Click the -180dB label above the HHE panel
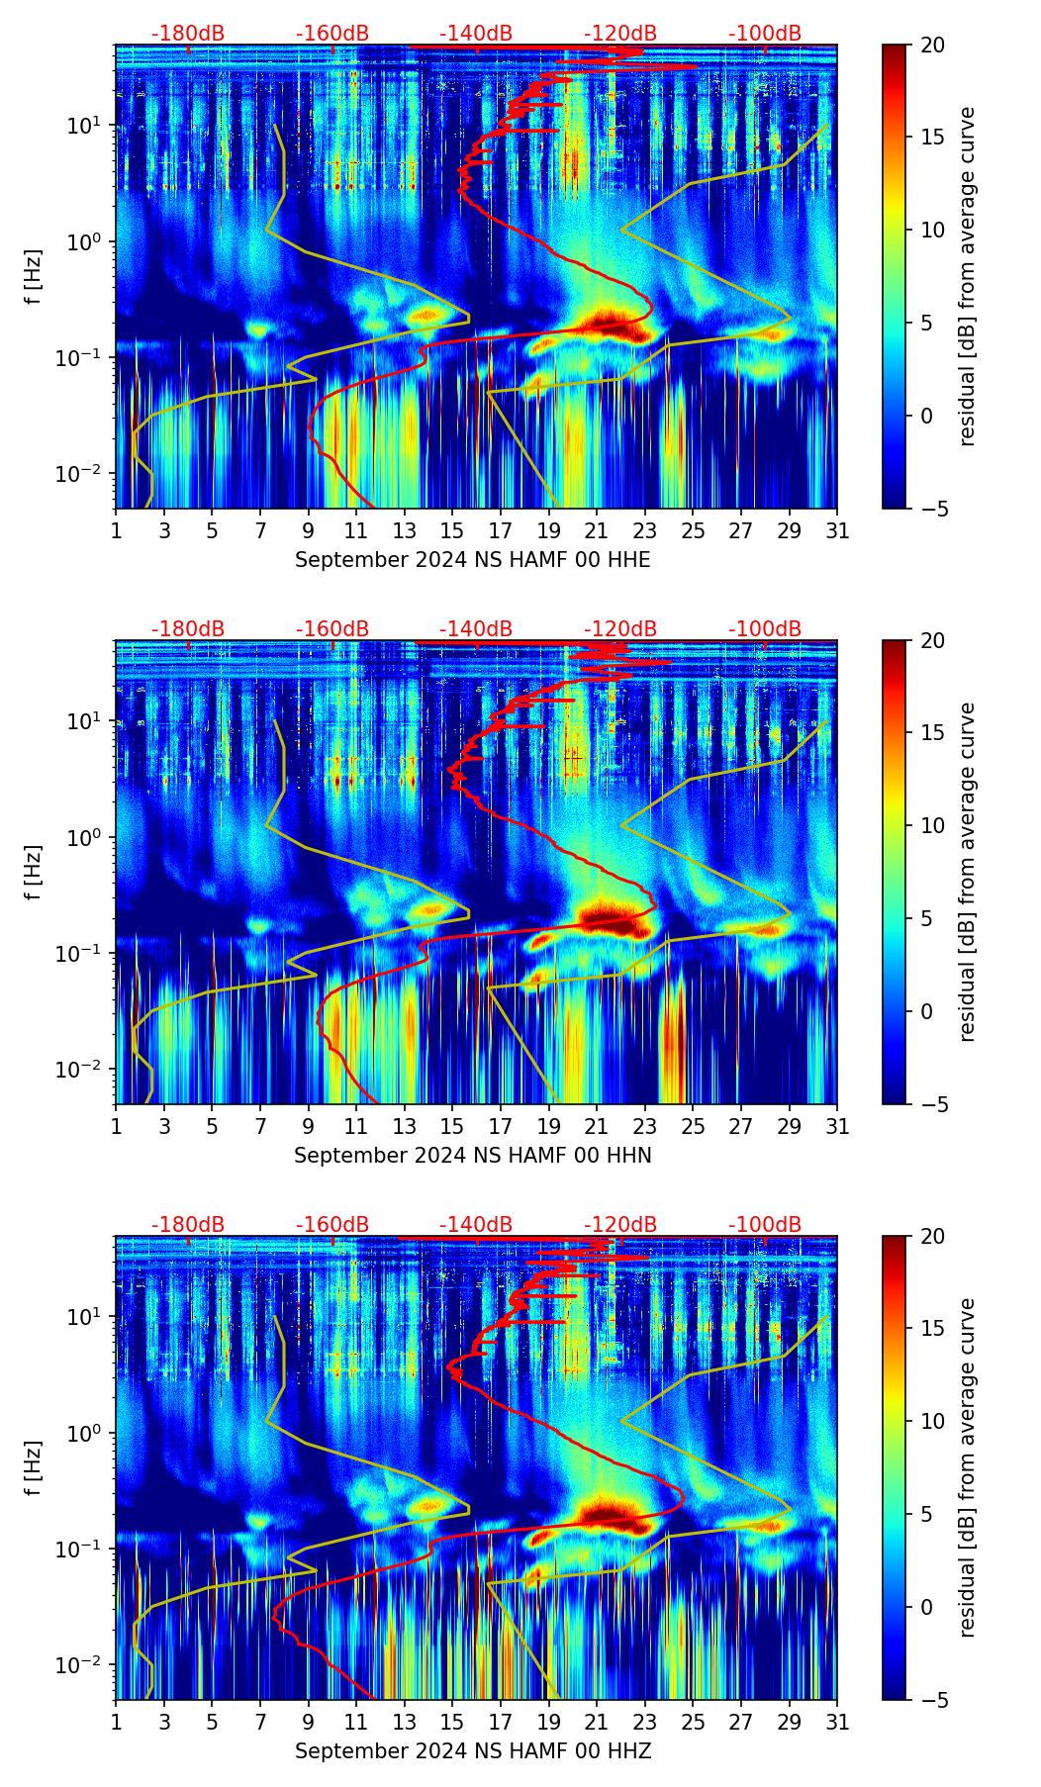pos(188,34)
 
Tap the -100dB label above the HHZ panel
pos(765,1225)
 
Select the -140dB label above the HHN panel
pos(476,629)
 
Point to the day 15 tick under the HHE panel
pos(452,530)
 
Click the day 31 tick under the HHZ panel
pos(837,1722)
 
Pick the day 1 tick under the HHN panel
pos(116,1126)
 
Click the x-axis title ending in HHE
pos(473,560)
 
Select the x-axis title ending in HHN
pos(473,1156)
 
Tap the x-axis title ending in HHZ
pos(473,1751)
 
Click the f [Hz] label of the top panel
pos(34,277)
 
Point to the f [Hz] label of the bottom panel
pos(34,1468)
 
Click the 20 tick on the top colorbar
pos(932,45)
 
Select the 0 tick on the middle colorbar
pos(926,1011)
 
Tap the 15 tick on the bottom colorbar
pos(932,1329)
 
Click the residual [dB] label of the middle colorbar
pos(967,872)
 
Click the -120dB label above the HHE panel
pos(620,34)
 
